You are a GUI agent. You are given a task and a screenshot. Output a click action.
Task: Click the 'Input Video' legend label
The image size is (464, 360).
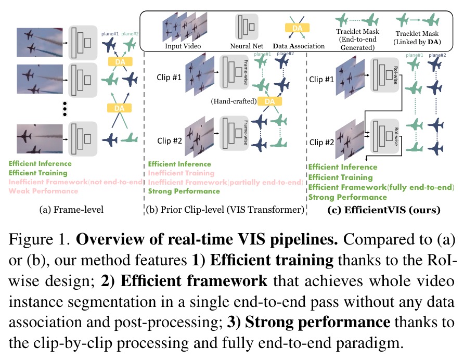tap(183, 46)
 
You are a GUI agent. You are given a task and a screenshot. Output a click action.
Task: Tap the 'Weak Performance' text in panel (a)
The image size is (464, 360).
tap(43, 191)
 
